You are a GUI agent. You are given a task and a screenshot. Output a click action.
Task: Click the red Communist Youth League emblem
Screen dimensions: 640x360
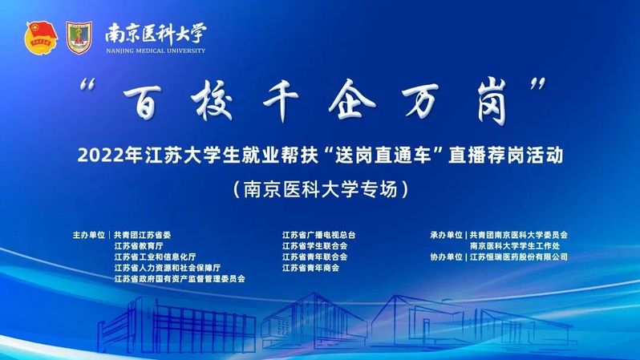click(x=40, y=38)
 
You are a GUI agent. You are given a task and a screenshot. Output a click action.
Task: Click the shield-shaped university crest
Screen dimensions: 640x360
click(x=79, y=38)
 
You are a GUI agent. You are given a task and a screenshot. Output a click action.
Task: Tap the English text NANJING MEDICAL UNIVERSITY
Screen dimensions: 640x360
click(x=156, y=51)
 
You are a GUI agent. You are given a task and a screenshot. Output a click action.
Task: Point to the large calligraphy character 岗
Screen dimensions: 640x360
click(x=492, y=102)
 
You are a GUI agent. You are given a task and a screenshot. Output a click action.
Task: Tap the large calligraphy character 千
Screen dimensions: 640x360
click(x=282, y=100)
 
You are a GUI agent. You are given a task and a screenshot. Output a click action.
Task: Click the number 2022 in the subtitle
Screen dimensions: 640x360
click(x=94, y=156)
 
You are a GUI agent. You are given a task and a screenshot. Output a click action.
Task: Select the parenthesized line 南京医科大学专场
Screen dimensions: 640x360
click(x=321, y=189)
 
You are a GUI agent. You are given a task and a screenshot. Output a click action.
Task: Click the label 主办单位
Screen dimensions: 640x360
click(x=88, y=235)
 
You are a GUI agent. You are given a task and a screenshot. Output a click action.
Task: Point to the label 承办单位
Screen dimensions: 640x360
click(x=446, y=235)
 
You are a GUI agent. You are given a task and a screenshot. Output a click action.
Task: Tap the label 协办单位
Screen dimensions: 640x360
click(x=446, y=257)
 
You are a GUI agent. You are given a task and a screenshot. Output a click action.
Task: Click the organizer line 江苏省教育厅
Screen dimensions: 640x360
click(x=139, y=246)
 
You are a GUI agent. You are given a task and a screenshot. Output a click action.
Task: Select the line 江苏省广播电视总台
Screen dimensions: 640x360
click(x=318, y=235)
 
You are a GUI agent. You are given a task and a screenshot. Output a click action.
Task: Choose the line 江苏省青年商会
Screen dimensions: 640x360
click(x=310, y=268)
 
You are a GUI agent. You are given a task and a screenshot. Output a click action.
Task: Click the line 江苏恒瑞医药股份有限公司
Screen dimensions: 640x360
click(x=519, y=257)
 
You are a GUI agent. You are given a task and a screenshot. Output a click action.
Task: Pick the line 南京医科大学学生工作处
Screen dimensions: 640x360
click(x=515, y=246)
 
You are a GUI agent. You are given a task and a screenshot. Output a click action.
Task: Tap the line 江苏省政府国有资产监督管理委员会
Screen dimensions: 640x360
click(x=180, y=279)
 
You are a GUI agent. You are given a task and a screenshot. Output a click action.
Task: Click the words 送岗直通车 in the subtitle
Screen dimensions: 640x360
click(x=383, y=156)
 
